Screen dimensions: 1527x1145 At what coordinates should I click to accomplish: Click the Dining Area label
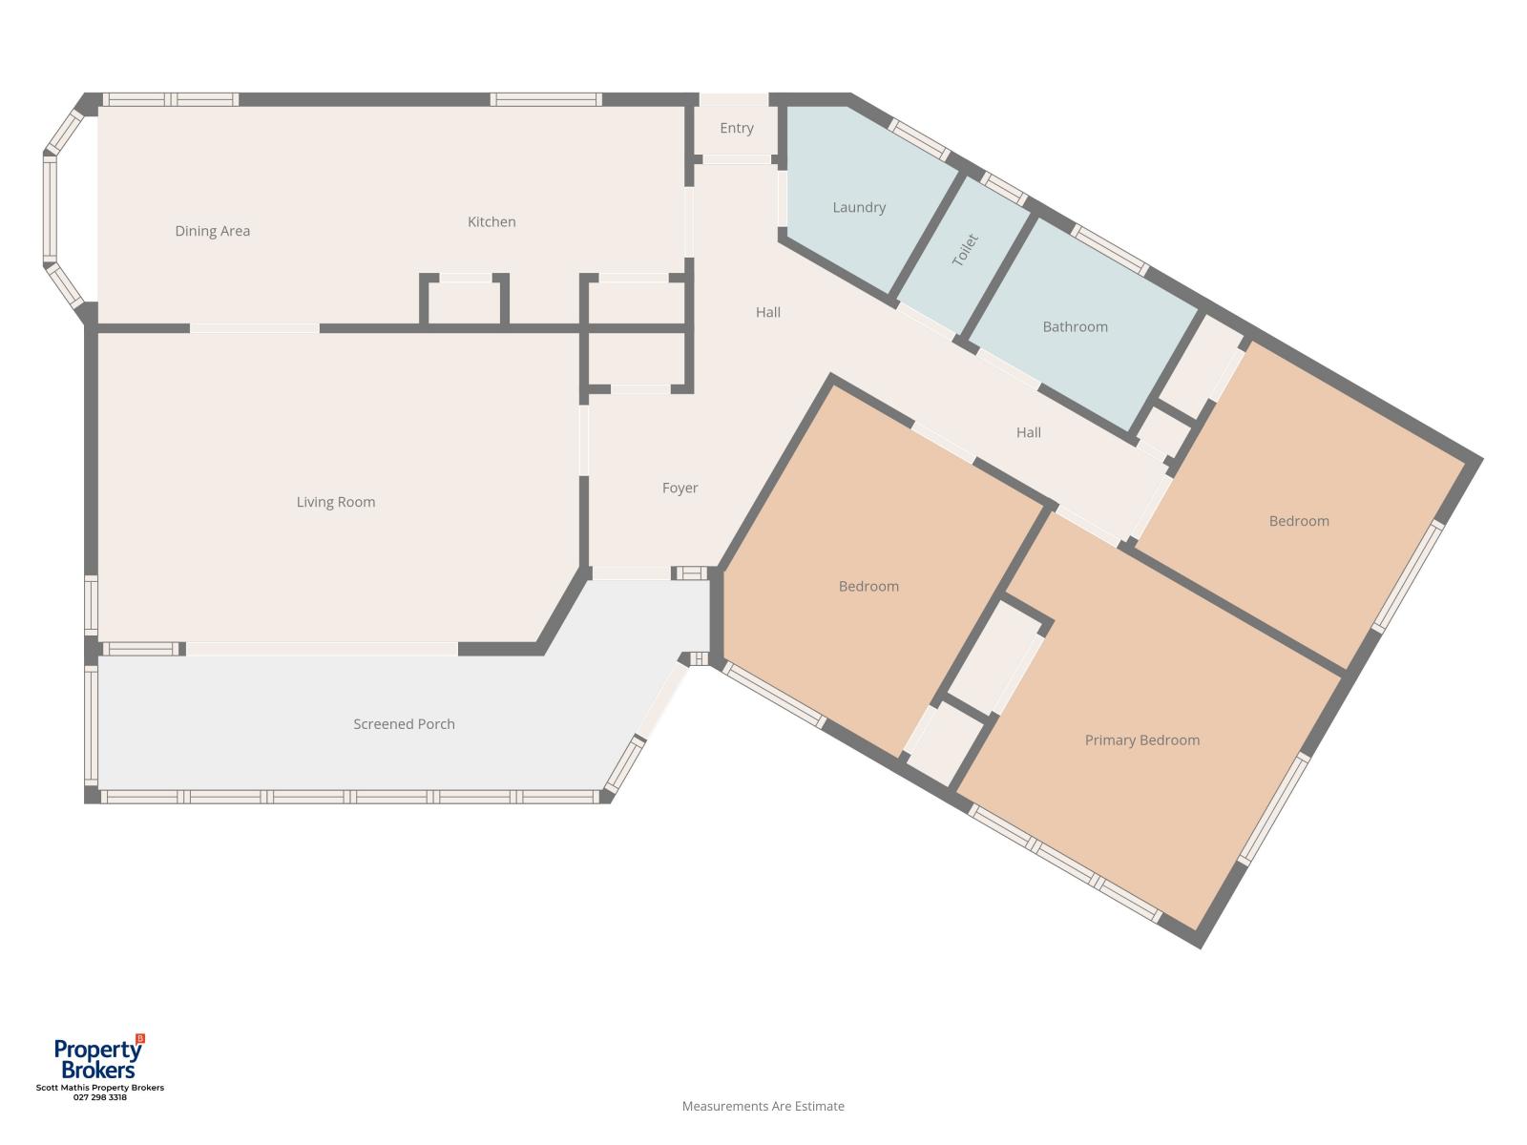(x=212, y=231)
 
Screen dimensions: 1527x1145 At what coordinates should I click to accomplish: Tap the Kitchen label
(x=492, y=221)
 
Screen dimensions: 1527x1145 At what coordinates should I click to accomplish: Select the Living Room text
(x=336, y=502)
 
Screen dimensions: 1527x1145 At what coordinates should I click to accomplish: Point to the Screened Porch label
(x=405, y=723)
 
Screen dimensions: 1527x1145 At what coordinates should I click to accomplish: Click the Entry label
(x=737, y=128)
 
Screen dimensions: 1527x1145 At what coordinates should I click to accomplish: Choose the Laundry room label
(x=859, y=207)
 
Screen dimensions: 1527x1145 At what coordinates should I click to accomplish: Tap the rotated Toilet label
(x=965, y=250)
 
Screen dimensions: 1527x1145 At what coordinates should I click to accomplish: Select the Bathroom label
(x=1075, y=326)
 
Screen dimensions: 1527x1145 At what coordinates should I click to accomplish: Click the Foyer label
(x=680, y=488)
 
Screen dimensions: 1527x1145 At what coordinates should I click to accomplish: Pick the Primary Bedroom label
(x=1142, y=740)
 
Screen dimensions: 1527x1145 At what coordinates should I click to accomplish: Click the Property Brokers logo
(x=99, y=1056)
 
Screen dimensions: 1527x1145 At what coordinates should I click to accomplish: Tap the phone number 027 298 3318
(x=100, y=1097)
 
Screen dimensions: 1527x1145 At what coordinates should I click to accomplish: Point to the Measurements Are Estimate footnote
(x=763, y=1106)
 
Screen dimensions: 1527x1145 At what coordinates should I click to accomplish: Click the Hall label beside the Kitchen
(x=768, y=312)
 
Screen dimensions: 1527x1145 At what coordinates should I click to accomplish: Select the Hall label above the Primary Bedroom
(x=1029, y=432)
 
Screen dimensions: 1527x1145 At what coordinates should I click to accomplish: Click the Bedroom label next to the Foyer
(x=868, y=586)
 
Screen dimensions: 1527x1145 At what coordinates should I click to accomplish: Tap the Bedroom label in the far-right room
(x=1299, y=521)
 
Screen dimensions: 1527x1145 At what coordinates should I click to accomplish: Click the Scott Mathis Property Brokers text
(x=100, y=1088)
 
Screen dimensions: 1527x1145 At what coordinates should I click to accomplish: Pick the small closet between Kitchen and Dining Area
(x=464, y=302)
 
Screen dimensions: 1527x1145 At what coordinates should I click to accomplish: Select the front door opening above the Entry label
(x=734, y=99)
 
